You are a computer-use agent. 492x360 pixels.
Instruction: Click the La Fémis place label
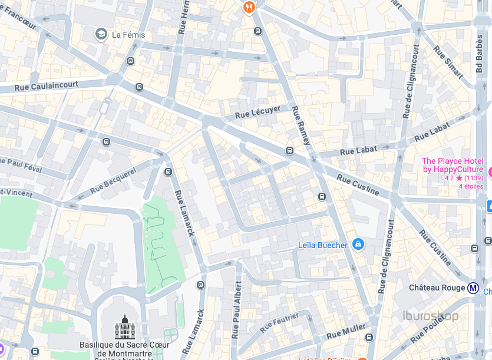pyautogui.click(x=128, y=35)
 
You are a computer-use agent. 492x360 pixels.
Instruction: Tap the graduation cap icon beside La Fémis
pyautogui.click(x=101, y=34)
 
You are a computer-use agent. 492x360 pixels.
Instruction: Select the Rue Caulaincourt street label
pyautogui.click(x=47, y=86)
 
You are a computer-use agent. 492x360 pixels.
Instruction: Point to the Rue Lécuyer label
pyautogui.click(x=257, y=111)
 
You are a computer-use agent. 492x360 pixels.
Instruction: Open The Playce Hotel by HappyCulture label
pyautogui.click(x=452, y=166)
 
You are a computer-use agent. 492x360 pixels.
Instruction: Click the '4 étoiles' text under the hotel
pyautogui.click(x=471, y=187)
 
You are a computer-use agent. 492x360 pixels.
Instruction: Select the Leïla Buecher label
pyautogui.click(x=322, y=245)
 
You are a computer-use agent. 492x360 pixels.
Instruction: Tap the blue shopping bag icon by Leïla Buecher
pyautogui.click(x=357, y=243)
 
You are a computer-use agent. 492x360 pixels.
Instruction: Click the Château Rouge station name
pyautogui.click(x=437, y=288)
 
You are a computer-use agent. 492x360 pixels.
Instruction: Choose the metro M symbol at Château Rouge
pyautogui.click(x=473, y=288)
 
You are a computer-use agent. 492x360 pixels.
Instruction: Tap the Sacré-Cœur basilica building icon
pyautogui.click(x=124, y=327)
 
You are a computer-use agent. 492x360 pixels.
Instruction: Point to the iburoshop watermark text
pyautogui.click(x=430, y=316)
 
